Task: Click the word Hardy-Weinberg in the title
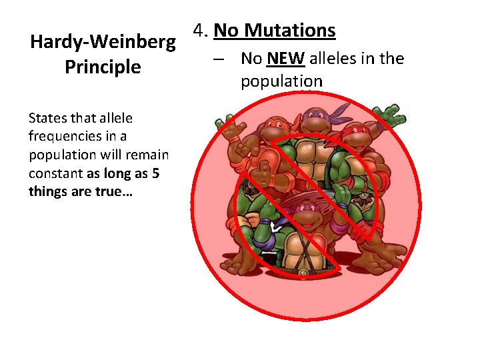pyautogui.click(x=103, y=43)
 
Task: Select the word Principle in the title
pyautogui.click(x=103, y=67)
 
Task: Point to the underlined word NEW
pyautogui.click(x=285, y=59)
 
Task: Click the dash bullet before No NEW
pyautogui.click(x=219, y=59)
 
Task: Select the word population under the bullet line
pyautogui.click(x=281, y=81)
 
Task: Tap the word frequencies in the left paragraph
pyautogui.click(x=66, y=137)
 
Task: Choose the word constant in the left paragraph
pyautogui.click(x=55, y=173)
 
